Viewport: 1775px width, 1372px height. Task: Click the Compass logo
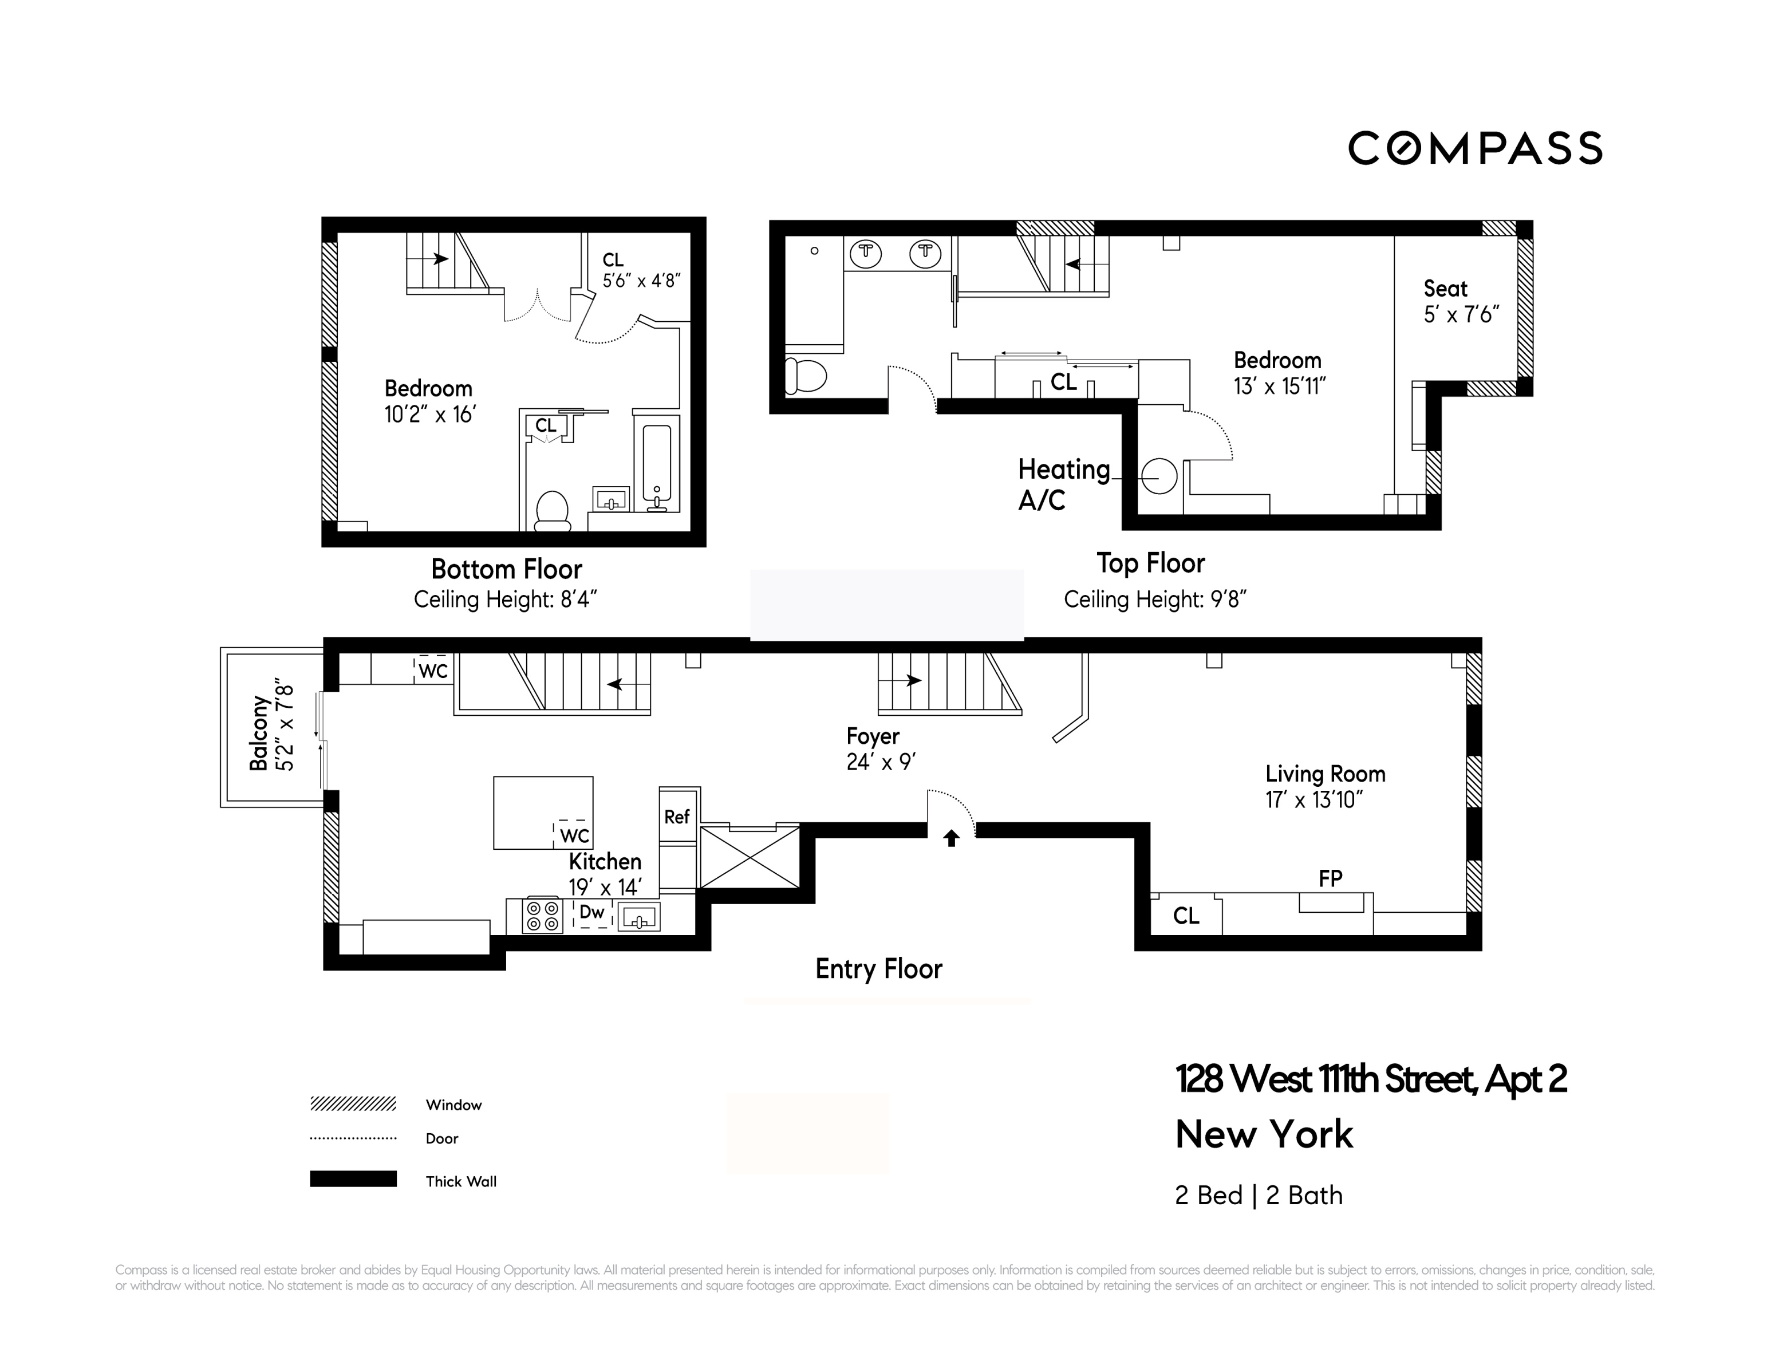[x=1474, y=149]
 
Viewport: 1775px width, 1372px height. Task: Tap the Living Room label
[x=1325, y=774]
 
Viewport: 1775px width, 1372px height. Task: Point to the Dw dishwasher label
[x=591, y=912]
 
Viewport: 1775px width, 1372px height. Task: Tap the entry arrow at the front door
[x=951, y=838]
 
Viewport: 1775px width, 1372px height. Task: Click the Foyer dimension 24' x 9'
[x=881, y=762]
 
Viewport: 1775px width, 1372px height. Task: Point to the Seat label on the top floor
[x=1445, y=289]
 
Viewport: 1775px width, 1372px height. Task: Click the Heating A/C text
[x=1063, y=484]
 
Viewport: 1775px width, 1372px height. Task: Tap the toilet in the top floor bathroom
[x=806, y=376]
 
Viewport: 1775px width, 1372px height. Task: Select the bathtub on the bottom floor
[x=657, y=463]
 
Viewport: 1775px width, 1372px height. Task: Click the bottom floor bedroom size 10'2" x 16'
[x=429, y=415]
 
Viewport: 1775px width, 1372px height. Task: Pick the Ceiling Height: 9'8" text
[x=1155, y=600]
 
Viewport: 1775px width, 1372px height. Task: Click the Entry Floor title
[x=878, y=969]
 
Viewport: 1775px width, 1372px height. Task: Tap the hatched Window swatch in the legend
[x=353, y=1104]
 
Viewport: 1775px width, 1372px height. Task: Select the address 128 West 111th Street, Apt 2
[x=1370, y=1079]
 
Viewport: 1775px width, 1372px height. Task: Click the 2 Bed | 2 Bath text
[x=1258, y=1196]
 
